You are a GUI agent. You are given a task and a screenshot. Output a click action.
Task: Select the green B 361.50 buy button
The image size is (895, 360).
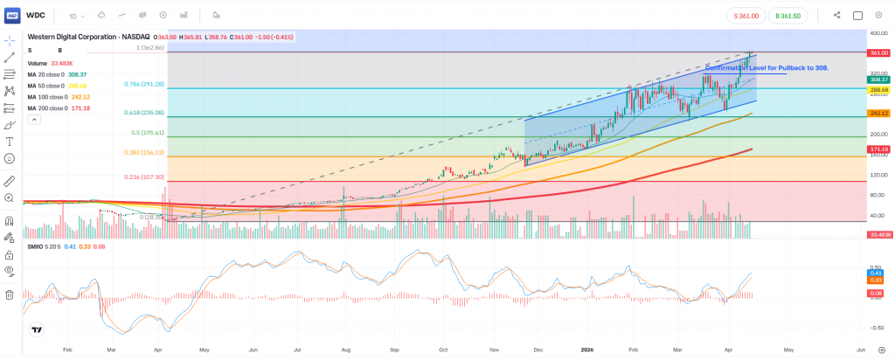(790, 15)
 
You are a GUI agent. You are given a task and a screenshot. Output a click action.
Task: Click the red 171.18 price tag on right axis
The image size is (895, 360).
(878, 149)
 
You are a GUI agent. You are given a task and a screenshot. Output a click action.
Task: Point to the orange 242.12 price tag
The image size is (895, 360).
(878, 114)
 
